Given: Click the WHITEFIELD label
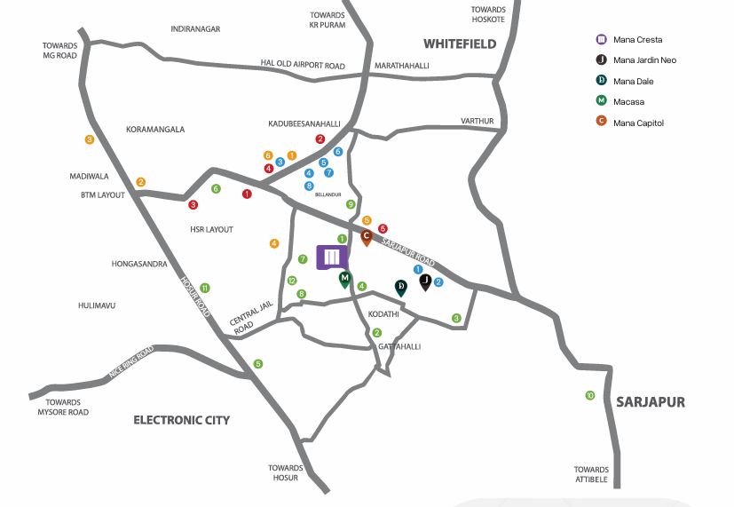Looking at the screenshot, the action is point(460,44).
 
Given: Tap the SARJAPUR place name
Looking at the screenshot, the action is point(651,402).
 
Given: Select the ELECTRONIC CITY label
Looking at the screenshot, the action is point(182,420).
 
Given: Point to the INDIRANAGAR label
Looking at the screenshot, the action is point(195,29).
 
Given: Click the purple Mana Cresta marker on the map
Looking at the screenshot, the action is point(332,257).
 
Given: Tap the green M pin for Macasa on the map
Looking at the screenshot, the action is point(345,280).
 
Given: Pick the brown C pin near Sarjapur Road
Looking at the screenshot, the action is point(367,237).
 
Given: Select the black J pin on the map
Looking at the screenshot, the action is point(425,282).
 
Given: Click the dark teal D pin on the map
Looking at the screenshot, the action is point(400,288).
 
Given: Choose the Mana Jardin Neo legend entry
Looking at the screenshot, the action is point(636,59).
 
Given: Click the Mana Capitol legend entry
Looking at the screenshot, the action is point(630,123).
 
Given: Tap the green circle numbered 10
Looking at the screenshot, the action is point(590,396).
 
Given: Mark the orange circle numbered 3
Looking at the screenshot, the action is point(90,139).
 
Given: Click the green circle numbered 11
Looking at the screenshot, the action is point(204,288).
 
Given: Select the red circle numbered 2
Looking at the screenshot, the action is point(320,139).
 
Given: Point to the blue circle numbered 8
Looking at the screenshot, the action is point(309,186).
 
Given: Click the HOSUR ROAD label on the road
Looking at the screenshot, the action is point(195,297).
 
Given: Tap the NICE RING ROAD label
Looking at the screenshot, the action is point(131,362).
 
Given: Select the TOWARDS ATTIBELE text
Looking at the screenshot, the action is point(591,474).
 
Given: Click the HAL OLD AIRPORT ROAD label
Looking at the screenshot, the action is point(303,65).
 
